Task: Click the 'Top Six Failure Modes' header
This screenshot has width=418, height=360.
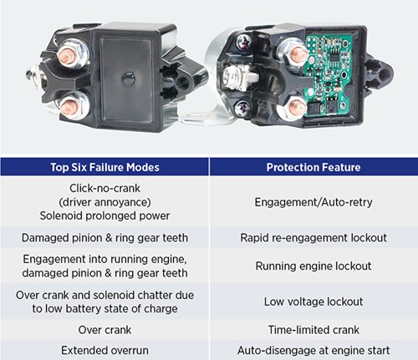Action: pos(104,167)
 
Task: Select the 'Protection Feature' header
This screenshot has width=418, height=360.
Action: pos(313,167)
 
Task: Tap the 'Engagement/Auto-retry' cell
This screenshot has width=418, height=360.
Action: pos(313,202)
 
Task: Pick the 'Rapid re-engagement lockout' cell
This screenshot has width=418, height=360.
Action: pos(313,238)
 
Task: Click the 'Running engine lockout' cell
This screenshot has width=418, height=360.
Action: pos(313,266)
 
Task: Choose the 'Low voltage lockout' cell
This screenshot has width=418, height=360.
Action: pos(313,302)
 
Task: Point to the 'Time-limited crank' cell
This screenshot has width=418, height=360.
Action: pos(313,330)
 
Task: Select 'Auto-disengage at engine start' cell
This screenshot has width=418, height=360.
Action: pos(313,350)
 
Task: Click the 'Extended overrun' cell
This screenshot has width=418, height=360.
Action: pos(104,350)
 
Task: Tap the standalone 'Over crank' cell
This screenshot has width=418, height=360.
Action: pos(104,330)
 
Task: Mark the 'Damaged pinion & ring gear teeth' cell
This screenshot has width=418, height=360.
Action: pos(104,238)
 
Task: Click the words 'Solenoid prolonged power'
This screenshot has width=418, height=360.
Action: pos(104,215)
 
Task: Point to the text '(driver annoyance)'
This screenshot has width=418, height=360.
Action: pos(104,202)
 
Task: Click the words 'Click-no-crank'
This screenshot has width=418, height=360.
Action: pos(104,188)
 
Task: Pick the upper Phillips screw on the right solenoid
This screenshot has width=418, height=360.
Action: pos(244,42)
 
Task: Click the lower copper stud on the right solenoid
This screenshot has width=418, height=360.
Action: pos(297,108)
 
